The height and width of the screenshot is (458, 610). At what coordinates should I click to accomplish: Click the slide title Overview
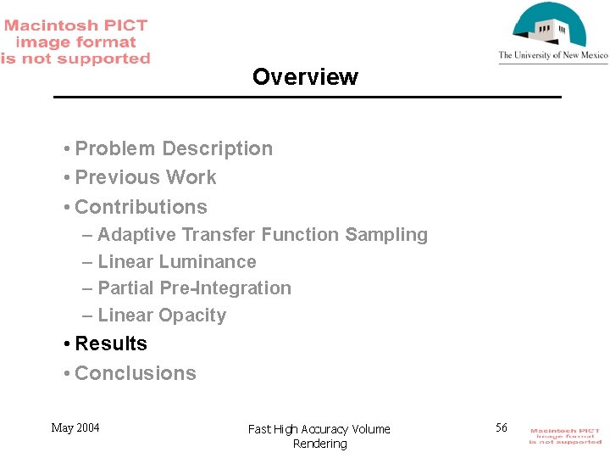click(305, 77)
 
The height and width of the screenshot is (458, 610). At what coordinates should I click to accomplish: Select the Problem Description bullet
click(174, 148)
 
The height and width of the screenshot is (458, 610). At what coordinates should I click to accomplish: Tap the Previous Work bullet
click(146, 177)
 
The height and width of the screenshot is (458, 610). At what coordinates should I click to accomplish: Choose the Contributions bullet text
click(141, 207)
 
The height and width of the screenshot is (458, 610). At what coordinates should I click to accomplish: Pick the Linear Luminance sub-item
click(176, 262)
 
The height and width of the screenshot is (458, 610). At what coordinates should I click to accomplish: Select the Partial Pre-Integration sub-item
click(194, 288)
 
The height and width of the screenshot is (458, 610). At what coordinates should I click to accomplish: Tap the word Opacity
click(193, 316)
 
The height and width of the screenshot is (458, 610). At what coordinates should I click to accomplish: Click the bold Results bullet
click(111, 343)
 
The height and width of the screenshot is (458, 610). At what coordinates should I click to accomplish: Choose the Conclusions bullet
click(136, 373)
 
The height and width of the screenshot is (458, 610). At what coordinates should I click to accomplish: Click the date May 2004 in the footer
click(75, 427)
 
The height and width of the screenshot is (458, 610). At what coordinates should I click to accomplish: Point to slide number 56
click(502, 427)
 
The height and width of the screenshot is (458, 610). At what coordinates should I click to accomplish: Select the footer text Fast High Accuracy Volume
click(319, 429)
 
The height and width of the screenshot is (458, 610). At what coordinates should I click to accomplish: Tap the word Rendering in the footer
click(319, 444)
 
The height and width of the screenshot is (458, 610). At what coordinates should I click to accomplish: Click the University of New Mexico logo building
click(552, 27)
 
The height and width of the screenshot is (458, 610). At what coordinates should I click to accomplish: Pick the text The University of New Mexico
click(552, 56)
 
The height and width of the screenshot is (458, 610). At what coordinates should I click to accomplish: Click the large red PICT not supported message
click(75, 42)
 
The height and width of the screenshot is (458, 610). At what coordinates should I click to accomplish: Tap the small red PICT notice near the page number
click(565, 436)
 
